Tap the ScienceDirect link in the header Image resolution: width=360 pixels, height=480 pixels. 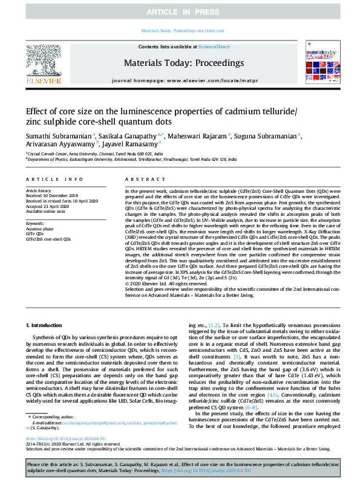[214, 47]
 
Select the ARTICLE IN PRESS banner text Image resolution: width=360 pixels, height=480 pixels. [180, 12]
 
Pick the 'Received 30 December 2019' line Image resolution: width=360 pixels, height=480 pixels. [53, 195]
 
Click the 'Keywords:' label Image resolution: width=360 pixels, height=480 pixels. [36, 224]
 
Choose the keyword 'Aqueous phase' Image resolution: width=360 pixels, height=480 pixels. [39, 229]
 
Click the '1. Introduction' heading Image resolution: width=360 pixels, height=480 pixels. [47, 326]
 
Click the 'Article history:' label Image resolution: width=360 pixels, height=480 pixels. [39, 190]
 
